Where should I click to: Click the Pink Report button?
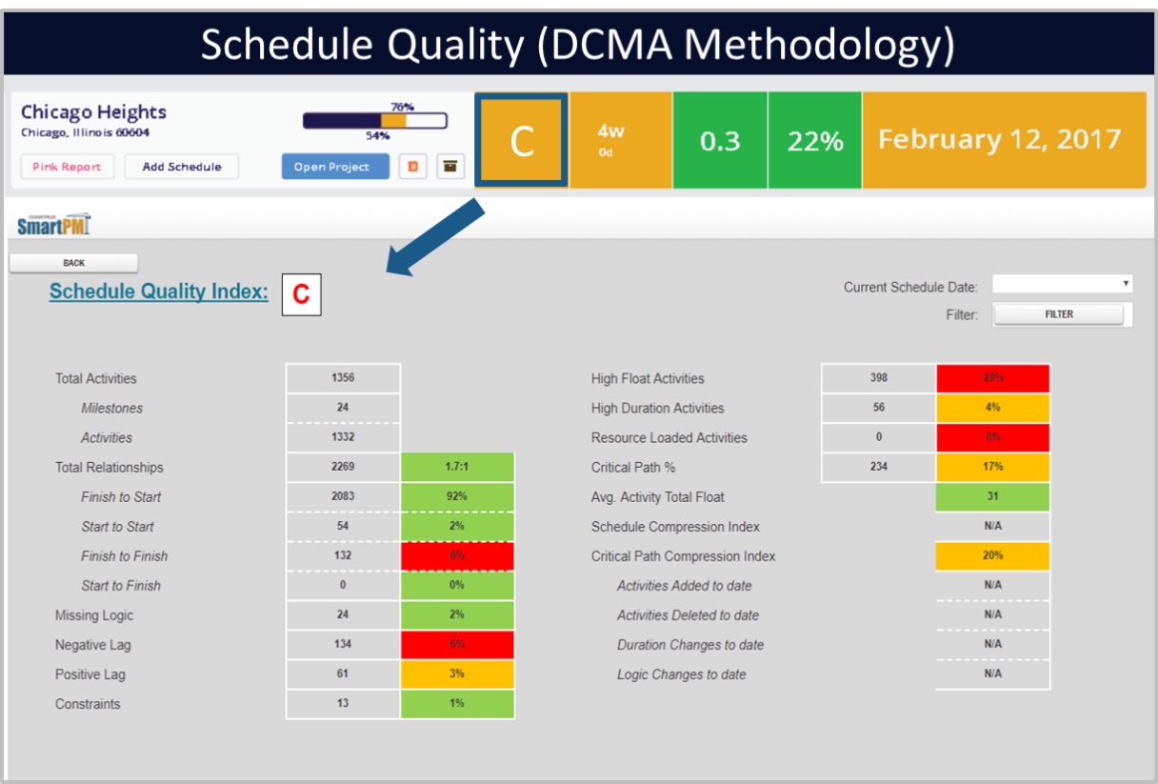[x=67, y=167]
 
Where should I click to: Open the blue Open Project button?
[x=335, y=167]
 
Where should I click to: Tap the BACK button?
[x=73, y=263]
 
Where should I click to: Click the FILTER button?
[x=1058, y=314]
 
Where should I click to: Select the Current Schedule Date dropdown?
[x=1062, y=284]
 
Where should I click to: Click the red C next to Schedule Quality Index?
[x=301, y=294]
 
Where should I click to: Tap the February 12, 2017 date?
[x=999, y=140]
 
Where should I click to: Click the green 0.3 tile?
[x=719, y=141]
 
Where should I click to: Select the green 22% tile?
[x=814, y=141]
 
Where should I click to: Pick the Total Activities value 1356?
[x=343, y=378]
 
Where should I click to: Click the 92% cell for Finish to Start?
[x=457, y=497]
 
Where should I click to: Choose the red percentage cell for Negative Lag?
[x=457, y=645]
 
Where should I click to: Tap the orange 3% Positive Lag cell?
[x=457, y=674]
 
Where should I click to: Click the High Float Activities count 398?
[x=878, y=378]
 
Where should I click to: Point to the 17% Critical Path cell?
[x=992, y=468]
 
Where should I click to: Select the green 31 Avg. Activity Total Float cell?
[x=992, y=497]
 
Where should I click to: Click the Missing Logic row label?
[x=94, y=615]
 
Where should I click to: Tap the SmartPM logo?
[x=54, y=226]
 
